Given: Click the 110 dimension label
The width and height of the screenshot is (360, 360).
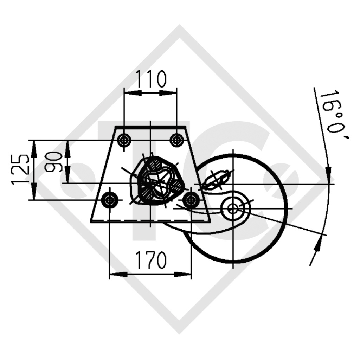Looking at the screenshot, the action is pyautogui.click(x=151, y=79).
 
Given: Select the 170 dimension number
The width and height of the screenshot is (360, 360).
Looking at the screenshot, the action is pyautogui.click(x=151, y=260).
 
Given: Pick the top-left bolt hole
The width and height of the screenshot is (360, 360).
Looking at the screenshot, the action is pyautogui.click(x=124, y=140).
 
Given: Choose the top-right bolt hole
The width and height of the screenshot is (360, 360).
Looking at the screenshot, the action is pyautogui.click(x=176, y=140).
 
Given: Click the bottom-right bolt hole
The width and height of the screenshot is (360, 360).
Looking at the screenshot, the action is pyautogui.click(x=191, y=200).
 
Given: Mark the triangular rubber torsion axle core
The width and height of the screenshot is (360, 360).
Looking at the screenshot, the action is pyautogui.click(x=161, y=180).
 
